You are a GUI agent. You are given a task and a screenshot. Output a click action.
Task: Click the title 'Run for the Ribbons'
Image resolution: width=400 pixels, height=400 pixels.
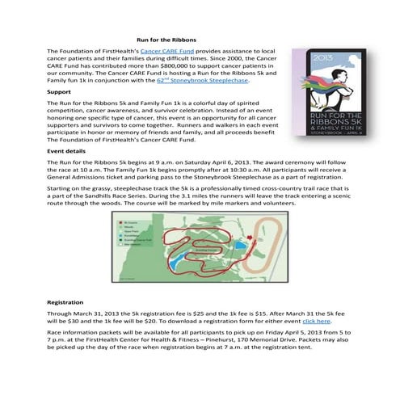(x=166, y=38)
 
